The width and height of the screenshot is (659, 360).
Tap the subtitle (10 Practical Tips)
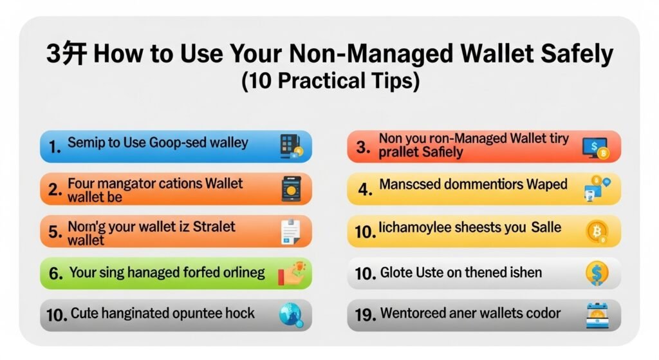(x=330, y=81)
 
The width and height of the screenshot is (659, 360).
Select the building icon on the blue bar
(x=292, y=146)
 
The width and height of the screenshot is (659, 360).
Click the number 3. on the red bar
(x=363, y=147)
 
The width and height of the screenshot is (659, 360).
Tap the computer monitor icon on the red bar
(x=595, y=147)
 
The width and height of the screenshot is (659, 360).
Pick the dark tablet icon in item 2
(x=292, y=189)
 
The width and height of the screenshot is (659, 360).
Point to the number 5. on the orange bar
(x=55, y=232)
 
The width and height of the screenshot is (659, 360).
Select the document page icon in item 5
(x=291, y=231)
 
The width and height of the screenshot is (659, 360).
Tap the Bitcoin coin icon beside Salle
(x=597, y=232)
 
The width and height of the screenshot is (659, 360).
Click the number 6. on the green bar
(x=56, y=274)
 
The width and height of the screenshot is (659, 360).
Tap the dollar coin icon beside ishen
(x=597, y=273)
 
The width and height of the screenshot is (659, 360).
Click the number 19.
(x=366, y=315)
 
